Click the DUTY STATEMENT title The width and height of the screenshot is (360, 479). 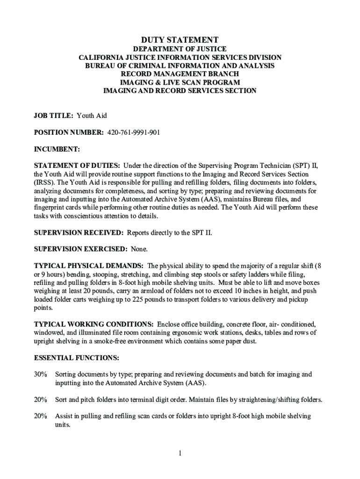(x=180, y=40)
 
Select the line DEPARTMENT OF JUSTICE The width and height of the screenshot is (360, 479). (x=180, y=49)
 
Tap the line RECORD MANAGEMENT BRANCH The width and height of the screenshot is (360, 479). (x=180, y=74)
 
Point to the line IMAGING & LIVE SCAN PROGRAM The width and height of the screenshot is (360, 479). (x=180, y=82)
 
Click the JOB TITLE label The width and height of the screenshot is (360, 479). (x=54, y=115)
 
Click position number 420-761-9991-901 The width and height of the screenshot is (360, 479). (x=134, y=132)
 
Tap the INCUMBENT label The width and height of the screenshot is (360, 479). (x=57, y=149)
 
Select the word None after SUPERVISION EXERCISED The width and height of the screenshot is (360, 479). (x=139, y=248)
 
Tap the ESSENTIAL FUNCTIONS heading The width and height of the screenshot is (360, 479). (x=77, y=358)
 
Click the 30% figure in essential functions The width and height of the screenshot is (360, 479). (x=41, y=375)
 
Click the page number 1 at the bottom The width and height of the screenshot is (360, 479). (x=180, y=453)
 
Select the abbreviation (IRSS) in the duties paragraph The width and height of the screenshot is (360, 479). (x=44, y=182)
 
